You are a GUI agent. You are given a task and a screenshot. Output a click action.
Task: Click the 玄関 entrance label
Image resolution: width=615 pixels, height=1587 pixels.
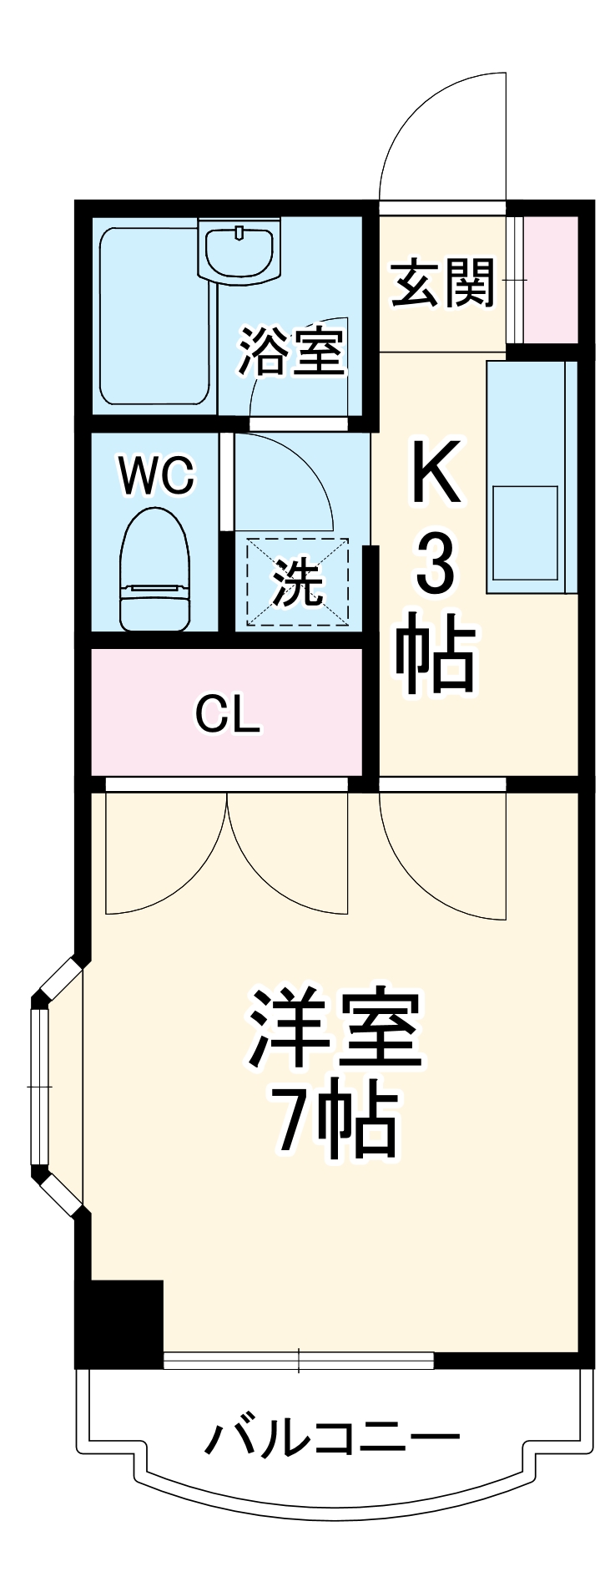[442, 282]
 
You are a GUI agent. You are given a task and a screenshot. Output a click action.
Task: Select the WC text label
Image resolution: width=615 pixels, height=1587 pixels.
[156, 476]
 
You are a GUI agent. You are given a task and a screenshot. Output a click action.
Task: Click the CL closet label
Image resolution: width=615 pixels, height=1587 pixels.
[227, 714]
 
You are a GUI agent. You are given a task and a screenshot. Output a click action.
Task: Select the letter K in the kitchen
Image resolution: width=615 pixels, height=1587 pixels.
[436, 474]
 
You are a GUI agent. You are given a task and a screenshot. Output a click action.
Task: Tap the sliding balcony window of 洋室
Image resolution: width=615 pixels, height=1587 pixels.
[299, 1361]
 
